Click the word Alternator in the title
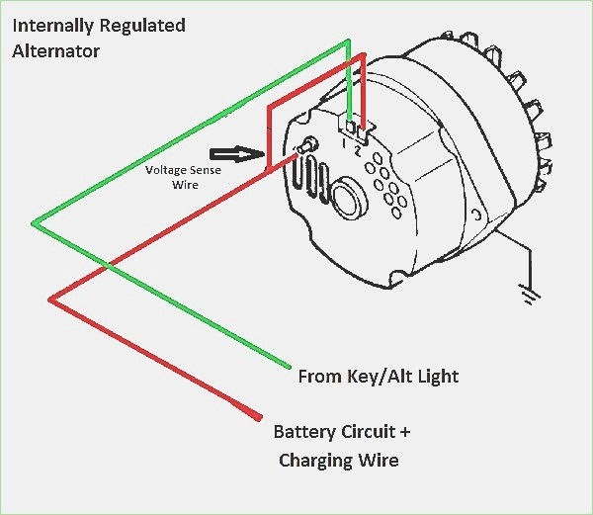tap(55, 50)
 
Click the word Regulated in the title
tap(141, 25)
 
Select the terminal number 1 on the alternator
tap(345, 144)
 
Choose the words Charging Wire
tap(339, 460)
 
